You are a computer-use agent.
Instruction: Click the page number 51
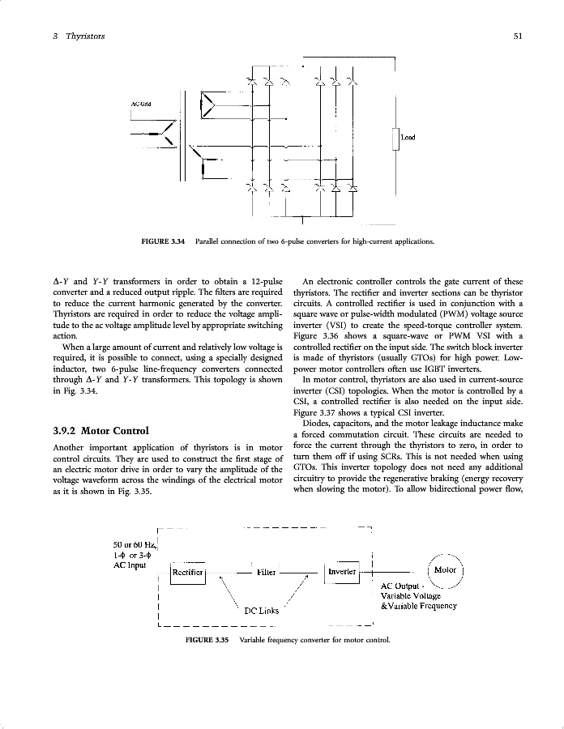click(517, 36)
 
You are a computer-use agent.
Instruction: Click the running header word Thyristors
click(84, 36)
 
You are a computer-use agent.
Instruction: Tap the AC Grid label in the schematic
click(141, 104)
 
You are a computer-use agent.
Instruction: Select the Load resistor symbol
click(396, 140)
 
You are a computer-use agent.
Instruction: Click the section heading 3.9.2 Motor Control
click(100, 430)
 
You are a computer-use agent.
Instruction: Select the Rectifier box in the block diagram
click(188, 573)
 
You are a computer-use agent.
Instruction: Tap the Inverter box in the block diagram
click(341, 571)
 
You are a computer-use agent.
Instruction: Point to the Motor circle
click(446, 570)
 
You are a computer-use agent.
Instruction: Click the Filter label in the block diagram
click(267, 572)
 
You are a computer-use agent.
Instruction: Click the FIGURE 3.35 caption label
click(208, 640)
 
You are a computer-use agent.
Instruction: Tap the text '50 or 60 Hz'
click(135, 544)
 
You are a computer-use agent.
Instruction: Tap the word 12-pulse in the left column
click(263, 282)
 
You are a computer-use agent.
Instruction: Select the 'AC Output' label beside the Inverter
click(401, 586)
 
